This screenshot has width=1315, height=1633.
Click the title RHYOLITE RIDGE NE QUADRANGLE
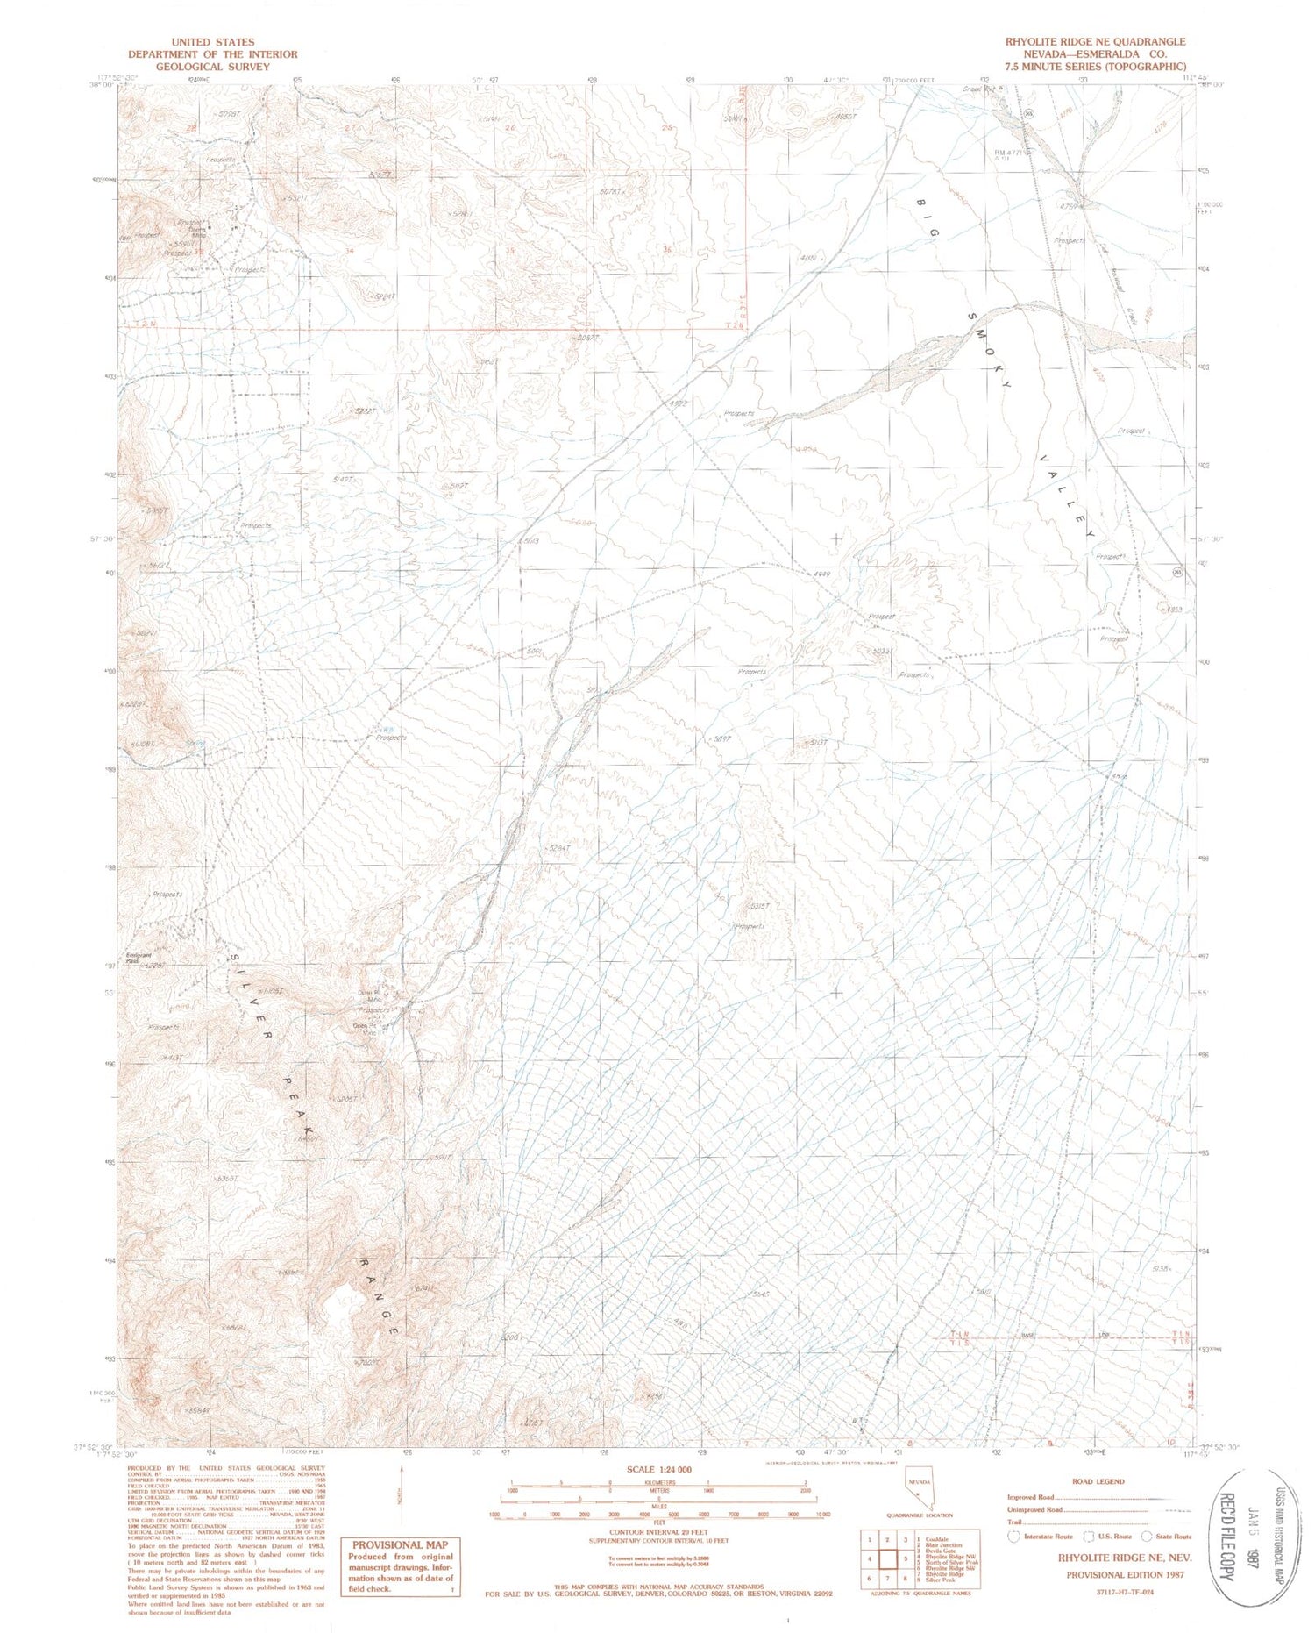[1095, 41]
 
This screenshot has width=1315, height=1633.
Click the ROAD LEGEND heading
[1098, 1481]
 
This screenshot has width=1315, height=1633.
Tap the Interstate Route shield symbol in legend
[1015, 1536]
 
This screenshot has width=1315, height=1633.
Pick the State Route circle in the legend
[1146, 1536]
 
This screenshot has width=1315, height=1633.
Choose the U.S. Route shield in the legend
[1089, 1536]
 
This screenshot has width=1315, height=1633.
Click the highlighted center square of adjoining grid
[885, 1559]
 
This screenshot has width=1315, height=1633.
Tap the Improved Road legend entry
[1030, 1497]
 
